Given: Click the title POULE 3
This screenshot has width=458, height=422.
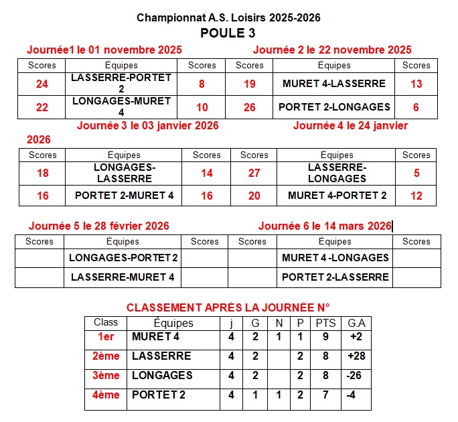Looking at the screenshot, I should (x=228, y=33).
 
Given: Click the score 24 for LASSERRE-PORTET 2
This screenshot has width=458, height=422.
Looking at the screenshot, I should (x=42, y=84).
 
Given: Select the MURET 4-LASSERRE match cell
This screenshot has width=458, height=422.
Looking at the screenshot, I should (x=334, y=84).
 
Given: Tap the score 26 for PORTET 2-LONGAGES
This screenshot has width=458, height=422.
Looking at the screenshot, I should (x=250, y=107).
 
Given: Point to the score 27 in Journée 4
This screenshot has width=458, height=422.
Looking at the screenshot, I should (x=254, y=173).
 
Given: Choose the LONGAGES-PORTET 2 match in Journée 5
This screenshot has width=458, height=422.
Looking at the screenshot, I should (x=124, y=258).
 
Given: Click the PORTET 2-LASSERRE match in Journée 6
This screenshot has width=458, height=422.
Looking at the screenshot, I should (x=335, y=277).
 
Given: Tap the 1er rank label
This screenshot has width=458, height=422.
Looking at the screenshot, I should (x=106, y=337).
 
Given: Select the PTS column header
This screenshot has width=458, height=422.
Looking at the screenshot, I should (x=325, y=323).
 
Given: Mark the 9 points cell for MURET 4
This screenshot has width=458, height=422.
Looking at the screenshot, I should (x=325, y=337).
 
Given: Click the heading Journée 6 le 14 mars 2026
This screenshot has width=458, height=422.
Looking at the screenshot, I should (x=325, y=226).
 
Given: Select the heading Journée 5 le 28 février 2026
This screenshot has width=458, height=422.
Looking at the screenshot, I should (x=99, y=226).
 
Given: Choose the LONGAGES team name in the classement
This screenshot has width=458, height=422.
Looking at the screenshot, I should (x=162, y=376).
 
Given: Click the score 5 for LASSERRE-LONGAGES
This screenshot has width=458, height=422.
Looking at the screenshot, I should (x=416, y=173).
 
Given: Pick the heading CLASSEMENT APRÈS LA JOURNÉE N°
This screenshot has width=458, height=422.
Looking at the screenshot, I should (x=228, y=307).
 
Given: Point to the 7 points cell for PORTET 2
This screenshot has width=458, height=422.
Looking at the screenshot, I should (x=325, y=395).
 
